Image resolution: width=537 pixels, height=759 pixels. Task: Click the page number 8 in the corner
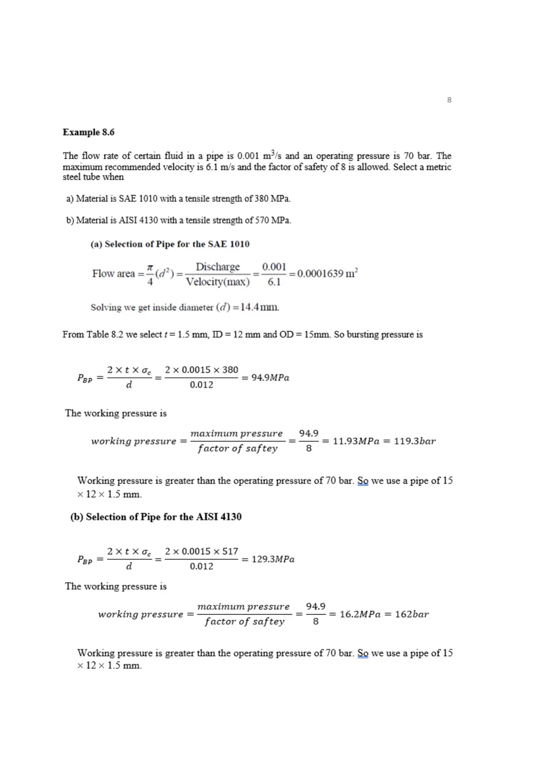(x=449, y=100)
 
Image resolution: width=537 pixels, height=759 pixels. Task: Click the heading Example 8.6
(x=88, y=132)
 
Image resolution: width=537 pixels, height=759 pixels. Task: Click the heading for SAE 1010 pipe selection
(x=170, y=244)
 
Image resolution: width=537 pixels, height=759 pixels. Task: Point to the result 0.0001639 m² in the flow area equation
(x=327, y=274)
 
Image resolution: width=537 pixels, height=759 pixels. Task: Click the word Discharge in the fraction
(x=218, y=267)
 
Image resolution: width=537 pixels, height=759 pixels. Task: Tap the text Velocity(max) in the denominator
(x=218, y=282)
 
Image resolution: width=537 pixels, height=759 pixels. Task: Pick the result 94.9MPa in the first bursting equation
(x=270, y=377)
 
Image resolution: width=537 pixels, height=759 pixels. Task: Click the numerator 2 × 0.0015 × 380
(x=201, y=370)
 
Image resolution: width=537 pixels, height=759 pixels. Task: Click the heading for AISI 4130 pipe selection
(x=156, y=517)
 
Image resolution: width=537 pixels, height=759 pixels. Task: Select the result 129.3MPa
(x=273, y=559)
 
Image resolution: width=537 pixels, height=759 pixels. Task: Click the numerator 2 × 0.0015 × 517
(x=201, y=551)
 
